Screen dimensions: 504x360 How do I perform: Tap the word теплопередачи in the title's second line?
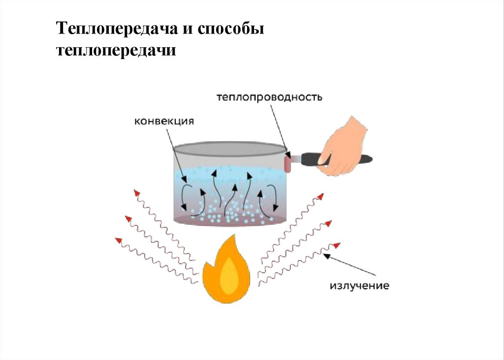[x=116, y=50]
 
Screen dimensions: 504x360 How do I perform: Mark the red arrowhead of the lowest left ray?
[x=118, y=240]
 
